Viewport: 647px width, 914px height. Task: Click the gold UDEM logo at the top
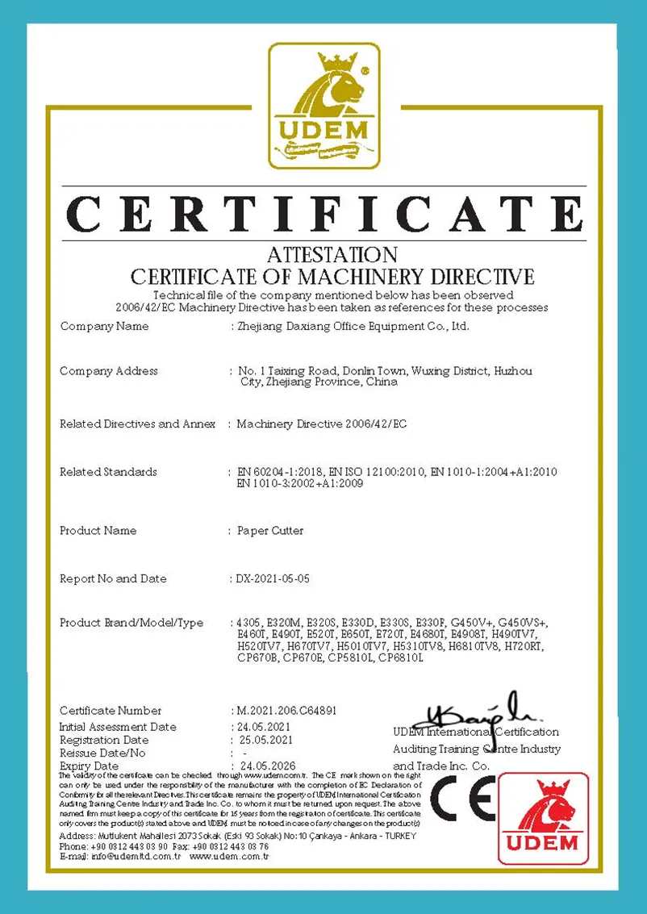[323, 106]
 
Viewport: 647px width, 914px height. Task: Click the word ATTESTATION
[332, 256]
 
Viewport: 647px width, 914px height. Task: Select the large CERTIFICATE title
[323, 213]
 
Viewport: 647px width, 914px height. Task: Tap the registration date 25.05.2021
[266, 740]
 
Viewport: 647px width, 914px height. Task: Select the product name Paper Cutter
[270, 531]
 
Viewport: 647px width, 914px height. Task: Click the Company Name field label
[104, 327]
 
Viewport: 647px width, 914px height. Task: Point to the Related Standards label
[108, 472]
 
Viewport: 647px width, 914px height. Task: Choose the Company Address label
[109, 371]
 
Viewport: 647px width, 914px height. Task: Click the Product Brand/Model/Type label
[131, 623]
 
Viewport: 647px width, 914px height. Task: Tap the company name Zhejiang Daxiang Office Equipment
[350, 327]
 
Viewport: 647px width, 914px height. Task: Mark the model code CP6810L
[400, 658]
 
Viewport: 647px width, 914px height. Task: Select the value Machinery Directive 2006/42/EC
[322, 424]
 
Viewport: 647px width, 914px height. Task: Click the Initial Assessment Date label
[118, 727]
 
